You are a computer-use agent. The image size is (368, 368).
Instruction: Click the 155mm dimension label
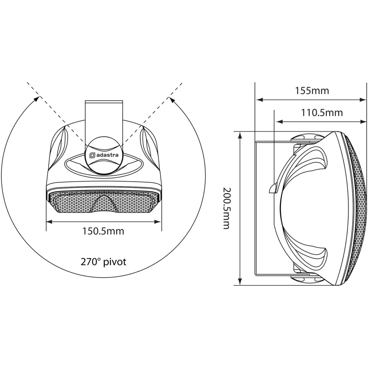(312, 91)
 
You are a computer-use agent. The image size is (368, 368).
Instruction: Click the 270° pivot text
(103, 262)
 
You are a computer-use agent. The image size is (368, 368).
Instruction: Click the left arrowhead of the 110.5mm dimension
(277, 122)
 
